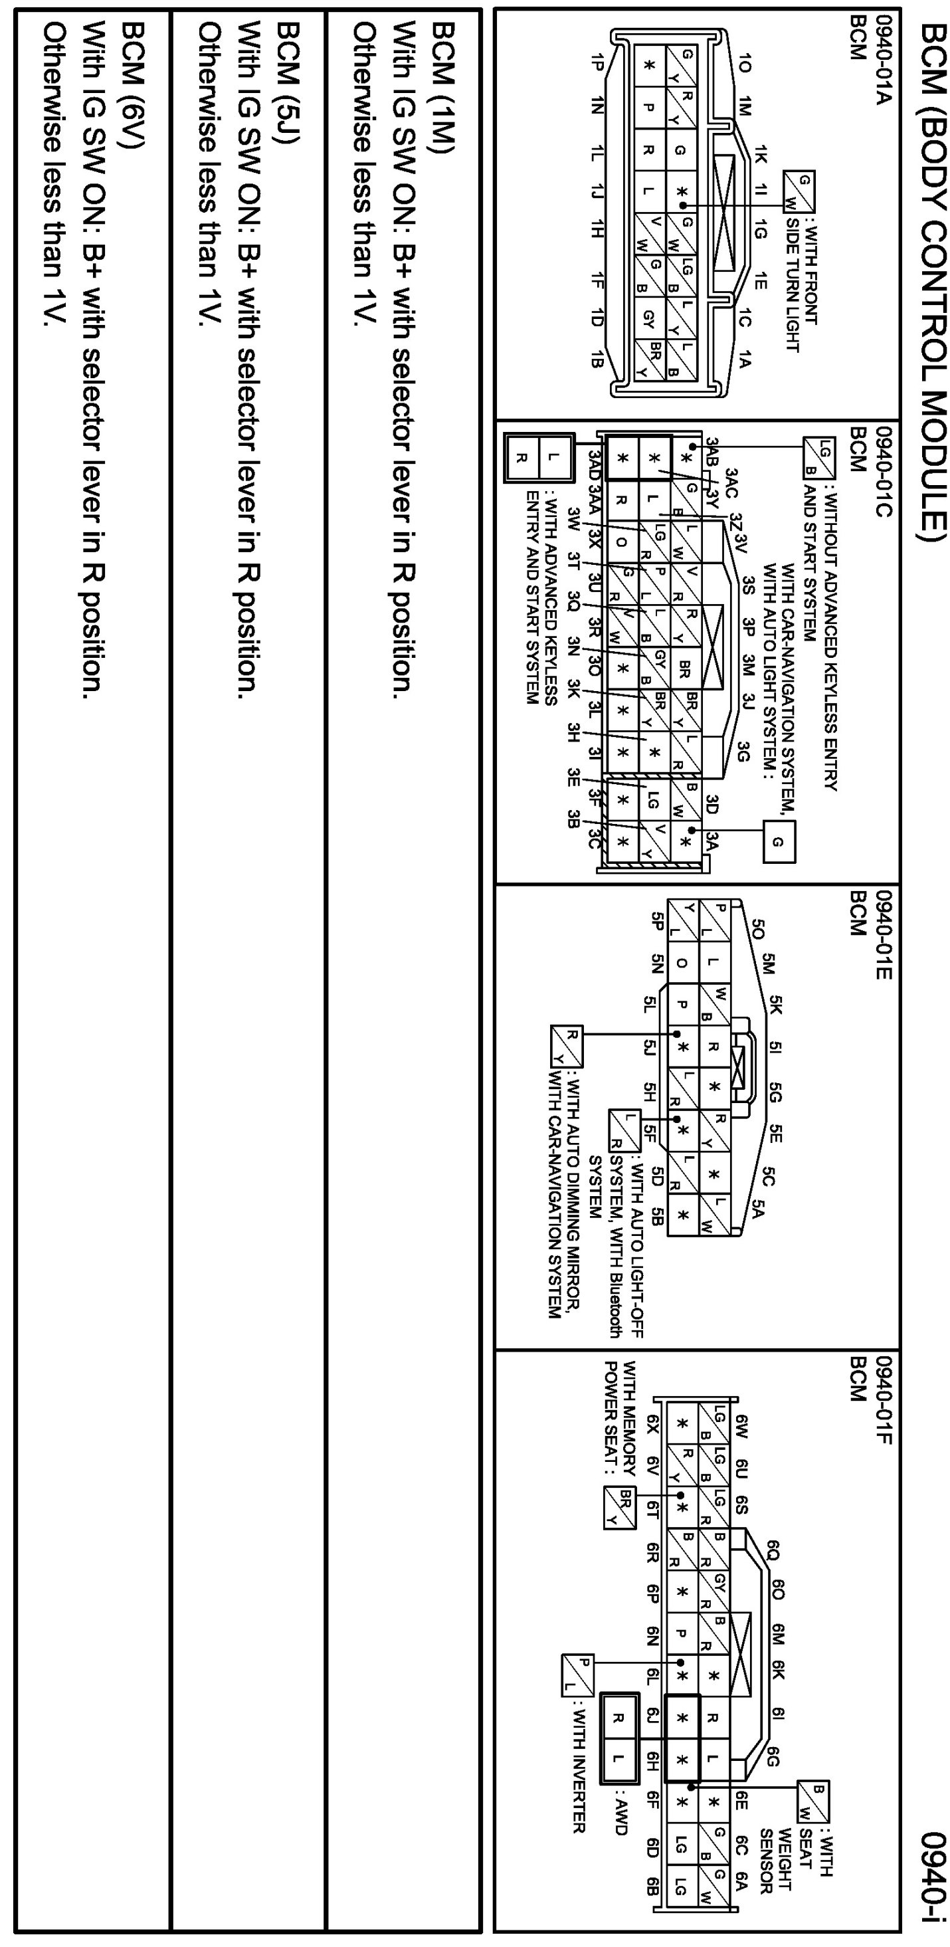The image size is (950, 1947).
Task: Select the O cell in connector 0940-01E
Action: pos(682,963)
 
